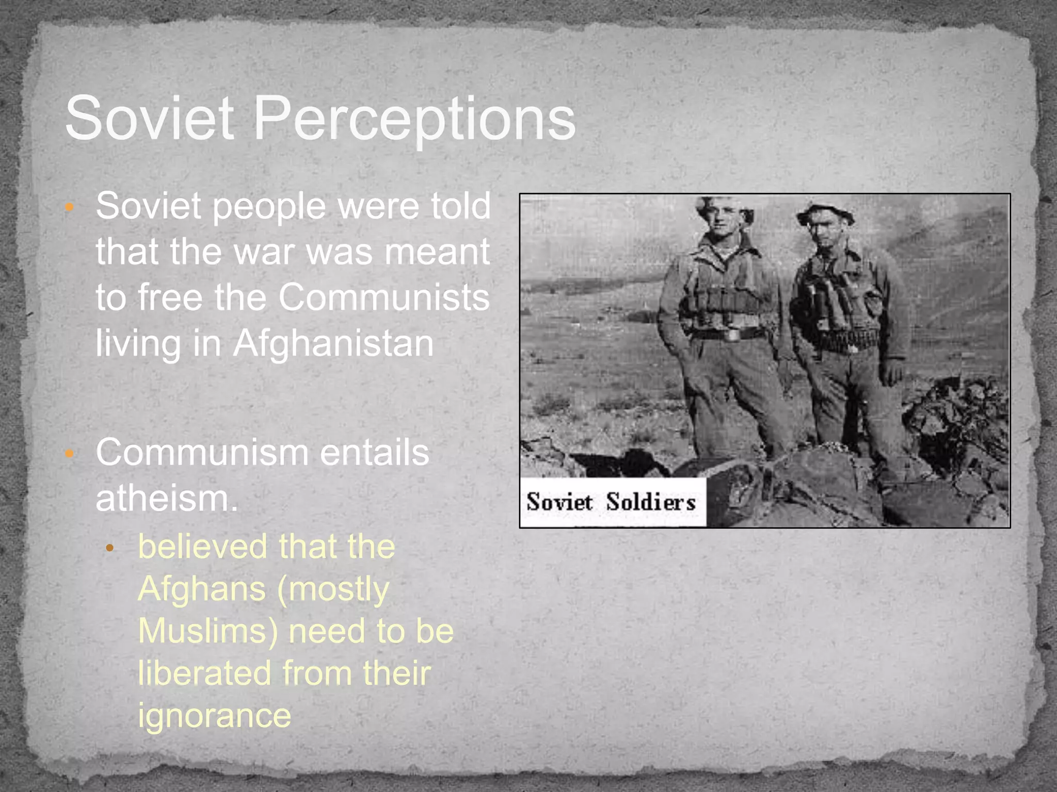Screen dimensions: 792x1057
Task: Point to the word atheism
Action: point(166,498)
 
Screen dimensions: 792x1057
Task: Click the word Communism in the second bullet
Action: point(202,452)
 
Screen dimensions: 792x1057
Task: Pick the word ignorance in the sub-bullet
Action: point(215,715)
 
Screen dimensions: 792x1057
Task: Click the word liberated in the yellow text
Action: point(204,673)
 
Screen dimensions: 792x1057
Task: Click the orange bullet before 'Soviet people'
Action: point(70,207)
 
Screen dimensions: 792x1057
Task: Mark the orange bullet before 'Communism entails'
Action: point(70,454)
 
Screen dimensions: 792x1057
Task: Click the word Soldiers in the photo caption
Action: point(651,502)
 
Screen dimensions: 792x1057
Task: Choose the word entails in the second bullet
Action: point(374,452)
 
